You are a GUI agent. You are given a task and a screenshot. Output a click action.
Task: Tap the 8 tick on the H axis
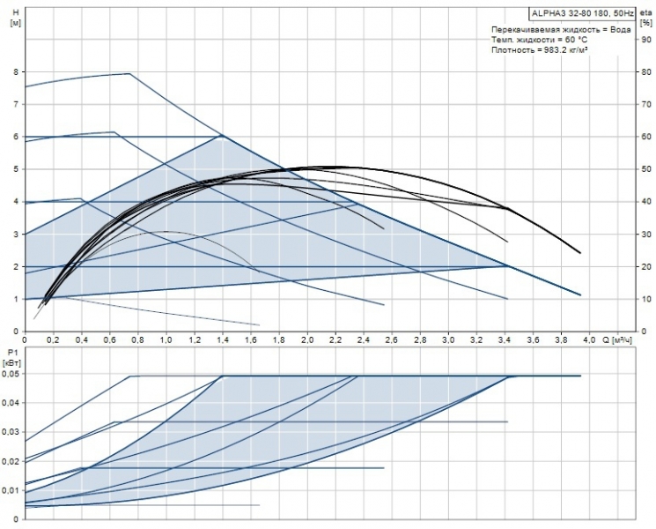[15, 71]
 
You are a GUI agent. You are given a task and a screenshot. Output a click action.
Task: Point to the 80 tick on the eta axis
[646, 71]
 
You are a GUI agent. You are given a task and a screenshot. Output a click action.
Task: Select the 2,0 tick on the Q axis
[307, 339]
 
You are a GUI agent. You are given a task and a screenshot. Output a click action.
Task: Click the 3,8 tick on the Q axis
[562, 339]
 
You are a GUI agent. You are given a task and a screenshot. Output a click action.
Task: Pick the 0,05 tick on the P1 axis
[11, 374]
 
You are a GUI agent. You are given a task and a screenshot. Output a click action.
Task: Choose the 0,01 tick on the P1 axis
[11, 489]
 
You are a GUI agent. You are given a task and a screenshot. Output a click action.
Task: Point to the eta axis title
[645, 12]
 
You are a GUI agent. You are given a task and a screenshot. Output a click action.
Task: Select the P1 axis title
[11, 351]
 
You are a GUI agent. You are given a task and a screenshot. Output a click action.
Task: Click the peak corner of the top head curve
[130, 74]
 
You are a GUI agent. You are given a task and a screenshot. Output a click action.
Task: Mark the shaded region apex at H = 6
[222, 136]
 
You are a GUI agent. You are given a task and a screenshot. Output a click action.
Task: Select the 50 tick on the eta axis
[646, 168]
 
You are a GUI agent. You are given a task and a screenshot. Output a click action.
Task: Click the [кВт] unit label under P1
[12, 361]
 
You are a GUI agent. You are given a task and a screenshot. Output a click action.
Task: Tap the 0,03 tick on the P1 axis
[11, 432]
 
